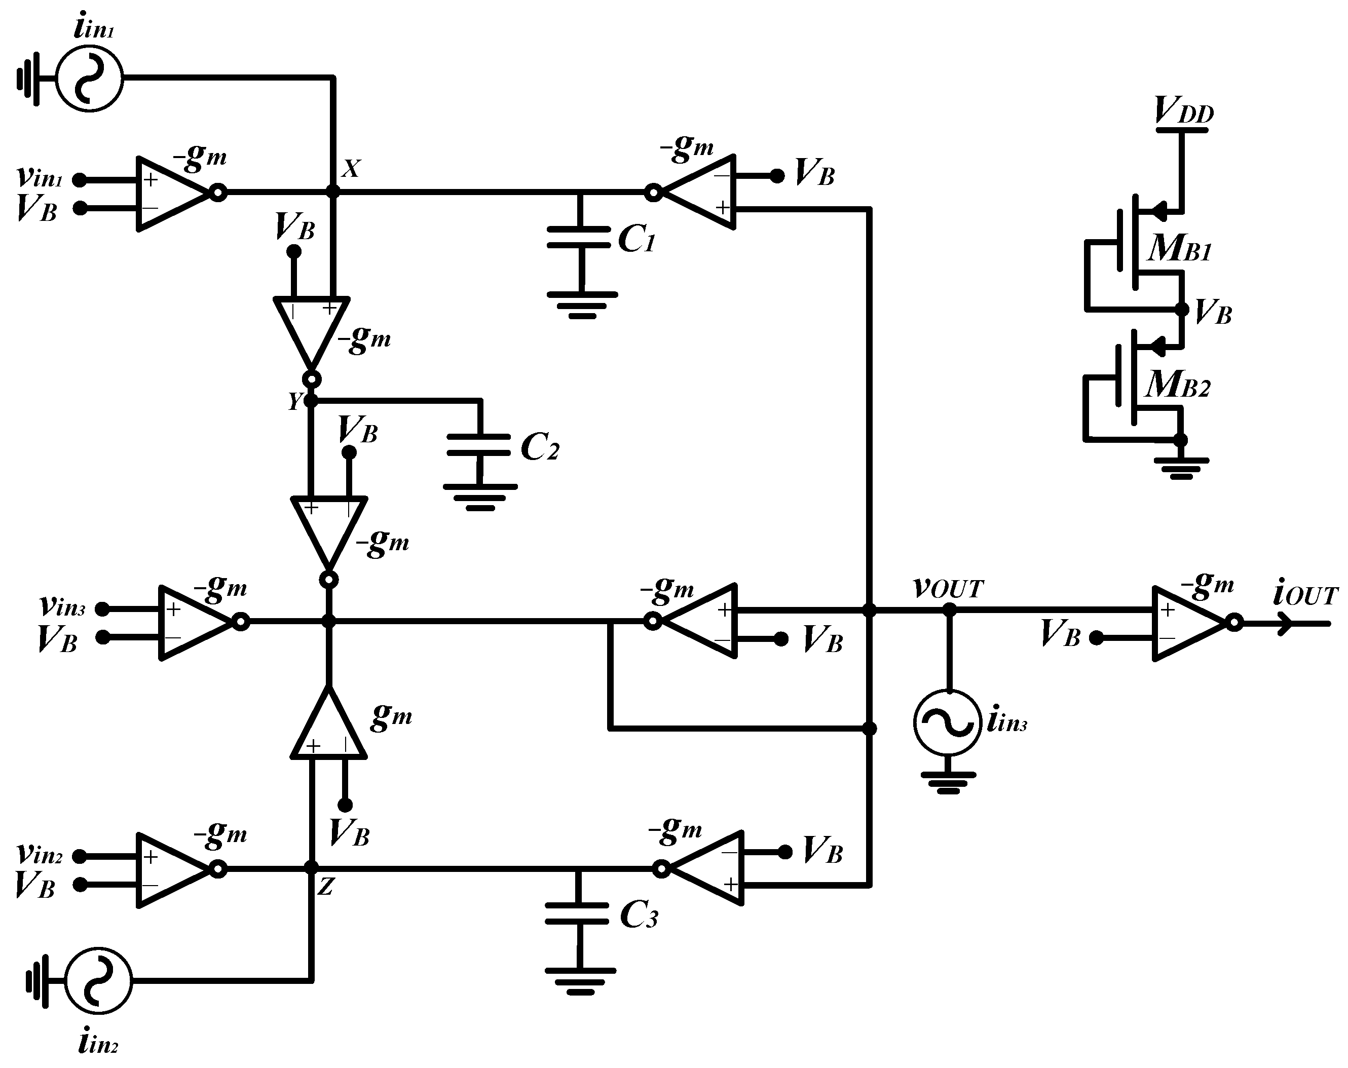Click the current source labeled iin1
tap(89, 79)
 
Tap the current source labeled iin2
tap(98, 980)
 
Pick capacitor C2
tap(479, 445)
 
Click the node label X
tap(351, 169)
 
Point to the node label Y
tap(294, 401)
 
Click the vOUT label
tap(948, 588)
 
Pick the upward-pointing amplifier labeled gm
tap(328, 728)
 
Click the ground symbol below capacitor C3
tap(580, 983)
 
